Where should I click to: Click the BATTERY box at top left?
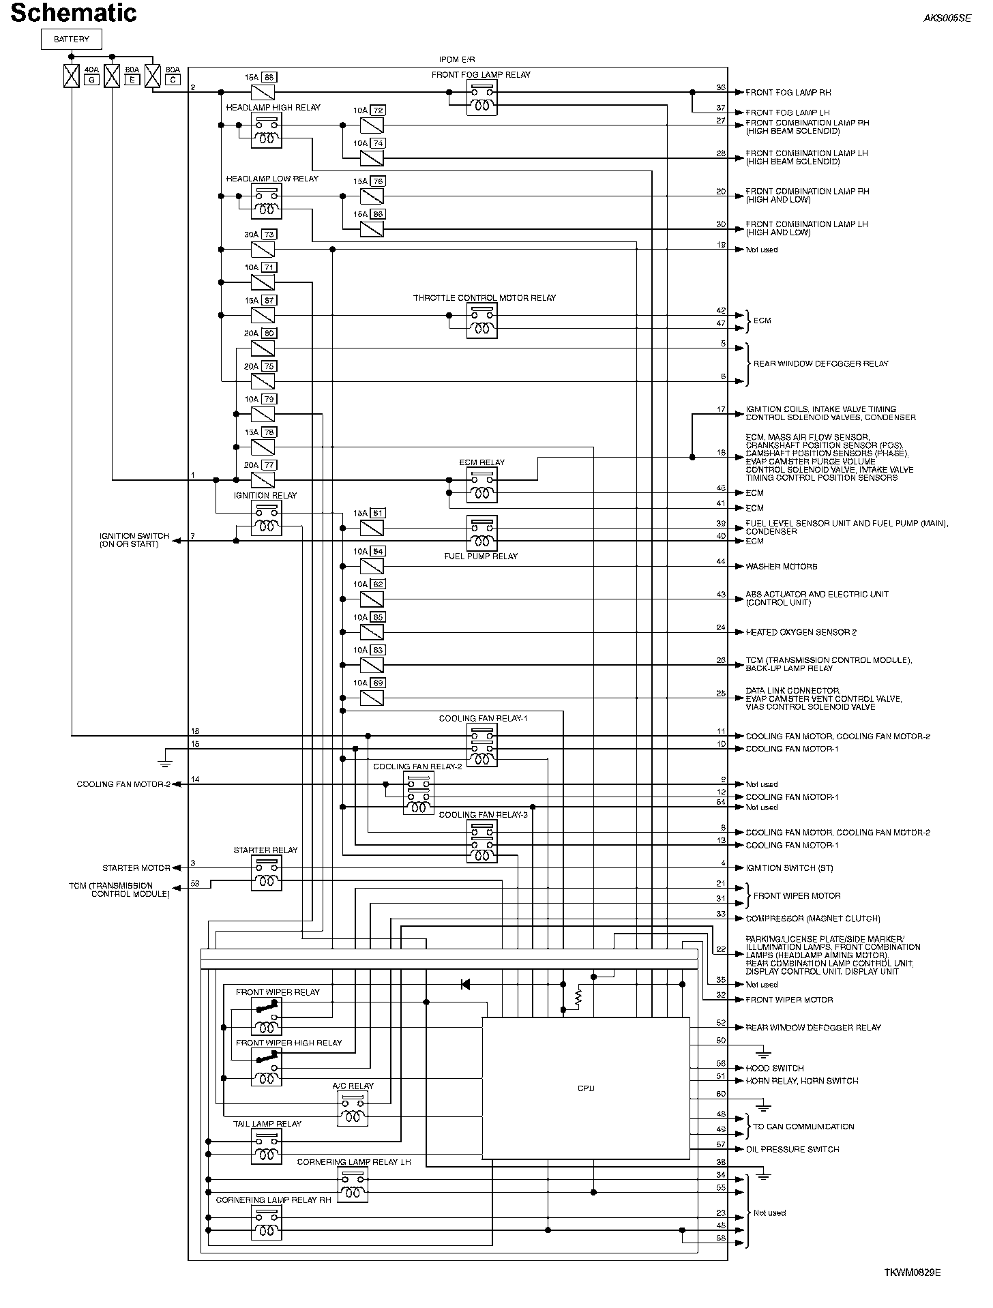point(71,40)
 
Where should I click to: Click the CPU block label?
point(586,1088)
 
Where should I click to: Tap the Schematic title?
point(74,13)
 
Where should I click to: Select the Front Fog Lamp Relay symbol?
point(481,98)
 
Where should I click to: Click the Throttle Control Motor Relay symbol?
point(481,321)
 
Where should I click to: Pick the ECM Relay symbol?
point(481,485)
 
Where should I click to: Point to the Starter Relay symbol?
point(266,874)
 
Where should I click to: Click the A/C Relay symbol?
point(353,1108)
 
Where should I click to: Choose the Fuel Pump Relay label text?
point(481,556)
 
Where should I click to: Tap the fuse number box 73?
point(268,235)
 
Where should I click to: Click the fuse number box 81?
point(379,513)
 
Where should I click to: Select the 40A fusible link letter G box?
point(91,80)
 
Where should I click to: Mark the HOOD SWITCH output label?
point(774,1068)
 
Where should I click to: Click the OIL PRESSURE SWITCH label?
point(792,1149)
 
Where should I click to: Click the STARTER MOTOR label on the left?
point(136,868)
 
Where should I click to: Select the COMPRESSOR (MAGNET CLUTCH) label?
point(812,919)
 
